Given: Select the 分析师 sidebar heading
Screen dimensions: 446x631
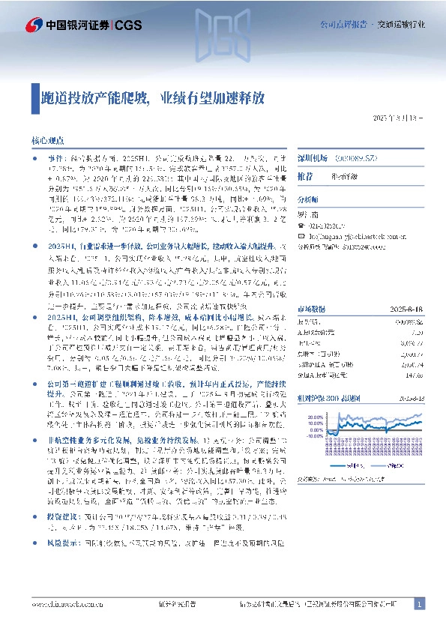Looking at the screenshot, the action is [307, 200].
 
